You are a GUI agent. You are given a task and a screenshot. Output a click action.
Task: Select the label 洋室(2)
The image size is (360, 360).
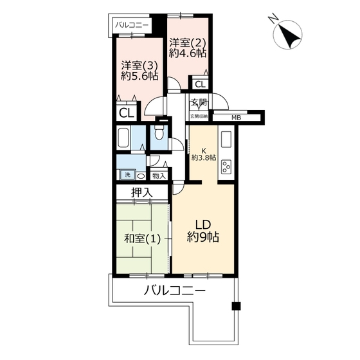tap(187, 42)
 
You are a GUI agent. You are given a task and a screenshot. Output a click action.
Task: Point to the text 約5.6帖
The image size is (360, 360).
tap(139, 76)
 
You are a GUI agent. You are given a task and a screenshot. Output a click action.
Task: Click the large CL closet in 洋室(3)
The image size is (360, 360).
tap(126, 113)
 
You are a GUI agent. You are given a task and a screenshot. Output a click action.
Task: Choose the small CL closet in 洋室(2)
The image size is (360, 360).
tap(200, 84)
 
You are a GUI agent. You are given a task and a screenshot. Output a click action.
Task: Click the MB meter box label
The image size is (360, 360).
tap(236, 118)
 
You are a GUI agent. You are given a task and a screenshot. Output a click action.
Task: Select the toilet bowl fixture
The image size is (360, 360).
tap(158, 132)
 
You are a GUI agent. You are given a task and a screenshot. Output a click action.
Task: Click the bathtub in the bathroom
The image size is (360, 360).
tap(123, 138)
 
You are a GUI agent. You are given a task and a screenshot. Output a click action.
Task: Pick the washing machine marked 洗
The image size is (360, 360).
tap(128, 175)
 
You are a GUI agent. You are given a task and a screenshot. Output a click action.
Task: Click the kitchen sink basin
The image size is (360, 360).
tap(226, 139)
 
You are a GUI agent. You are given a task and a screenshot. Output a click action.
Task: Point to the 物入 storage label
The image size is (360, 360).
tap(159, 176)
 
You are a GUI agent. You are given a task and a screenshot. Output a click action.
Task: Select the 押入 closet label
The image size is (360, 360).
tap(142, 192)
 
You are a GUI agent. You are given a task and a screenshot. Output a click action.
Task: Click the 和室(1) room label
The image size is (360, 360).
tap(142, 239)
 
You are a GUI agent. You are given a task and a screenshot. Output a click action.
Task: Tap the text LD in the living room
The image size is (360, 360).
tap(203, 225)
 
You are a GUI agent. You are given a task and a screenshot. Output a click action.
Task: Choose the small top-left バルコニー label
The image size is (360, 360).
tap(132, 25)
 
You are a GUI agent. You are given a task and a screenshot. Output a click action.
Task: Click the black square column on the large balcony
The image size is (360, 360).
tap(236, 306)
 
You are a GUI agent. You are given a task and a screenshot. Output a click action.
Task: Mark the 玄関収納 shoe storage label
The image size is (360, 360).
tap(199, 116)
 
